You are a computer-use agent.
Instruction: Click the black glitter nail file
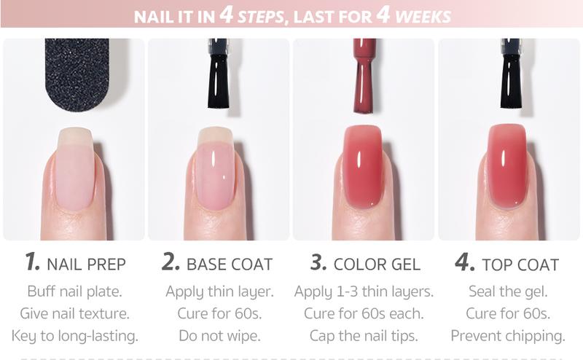[77, 74]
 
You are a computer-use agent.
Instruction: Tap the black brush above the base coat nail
[218, 74]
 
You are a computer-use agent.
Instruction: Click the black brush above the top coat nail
[511, 74]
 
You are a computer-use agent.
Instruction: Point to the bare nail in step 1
[75, 168]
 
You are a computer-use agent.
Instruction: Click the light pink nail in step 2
[215, 168]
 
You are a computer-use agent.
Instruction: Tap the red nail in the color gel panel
[363, 166]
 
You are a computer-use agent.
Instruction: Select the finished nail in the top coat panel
[507, 166]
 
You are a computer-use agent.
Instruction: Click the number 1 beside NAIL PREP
[32, 261]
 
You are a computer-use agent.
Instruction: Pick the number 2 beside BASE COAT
[171, 261]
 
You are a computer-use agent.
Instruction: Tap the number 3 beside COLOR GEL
[318, 262]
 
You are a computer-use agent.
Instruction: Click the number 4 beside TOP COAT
[465, 262]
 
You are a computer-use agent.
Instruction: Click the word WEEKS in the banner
[423, 17]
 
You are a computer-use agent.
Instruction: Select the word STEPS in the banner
[261, 17]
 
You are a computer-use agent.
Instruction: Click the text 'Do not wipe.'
[220, 335]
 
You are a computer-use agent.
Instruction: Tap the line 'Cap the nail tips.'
[364, 335]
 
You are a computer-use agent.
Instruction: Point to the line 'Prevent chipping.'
[508, 335]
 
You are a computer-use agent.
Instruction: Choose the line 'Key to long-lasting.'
[75, 335]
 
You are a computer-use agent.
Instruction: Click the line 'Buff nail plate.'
[75, 291]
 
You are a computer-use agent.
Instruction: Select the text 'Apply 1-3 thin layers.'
[364, 291]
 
